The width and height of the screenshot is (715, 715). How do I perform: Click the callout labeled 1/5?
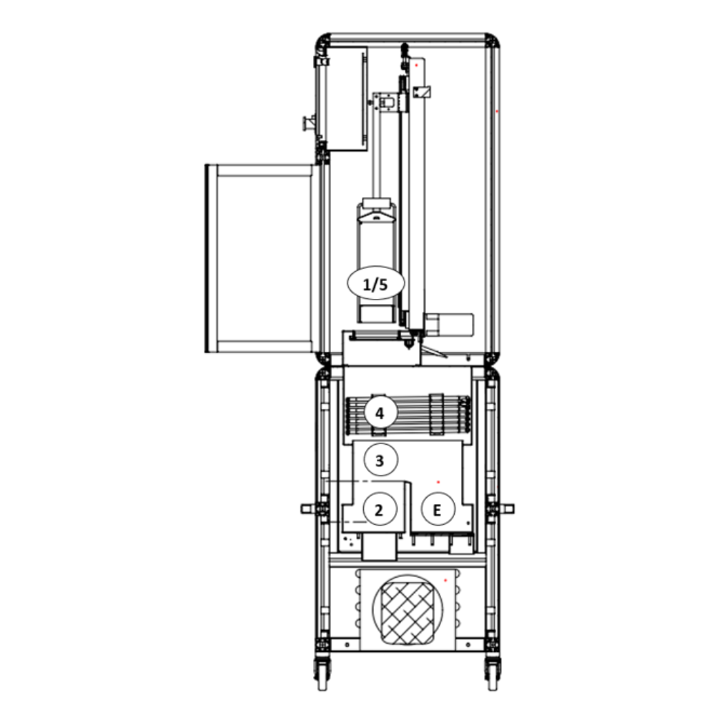pos(376,283)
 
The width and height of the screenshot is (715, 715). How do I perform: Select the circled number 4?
pos(380,413)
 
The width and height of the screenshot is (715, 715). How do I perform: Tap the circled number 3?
pos(380,460)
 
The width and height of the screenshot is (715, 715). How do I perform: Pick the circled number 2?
pos(380,509)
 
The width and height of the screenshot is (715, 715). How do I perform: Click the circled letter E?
pos(438,509)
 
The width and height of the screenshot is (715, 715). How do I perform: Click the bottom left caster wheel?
pos(322,673)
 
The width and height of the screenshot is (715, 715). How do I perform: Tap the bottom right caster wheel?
pos(493,673)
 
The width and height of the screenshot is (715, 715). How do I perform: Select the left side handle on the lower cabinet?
pos(309,508)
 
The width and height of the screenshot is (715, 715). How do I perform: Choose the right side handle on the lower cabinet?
pos(506,508)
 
